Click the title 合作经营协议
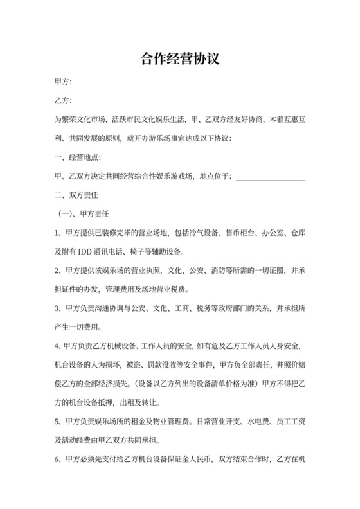(180, 59)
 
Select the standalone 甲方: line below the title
(63, 82)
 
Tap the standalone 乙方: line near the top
(63, 101)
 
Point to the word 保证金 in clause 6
(185, 461)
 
